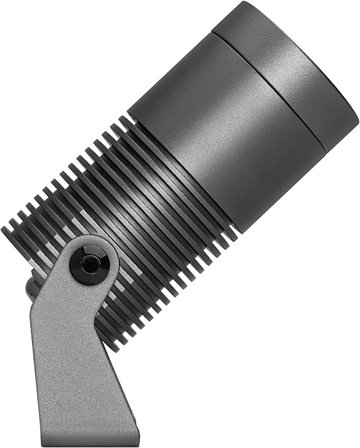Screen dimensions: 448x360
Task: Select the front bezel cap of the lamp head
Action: [x=288, y=70]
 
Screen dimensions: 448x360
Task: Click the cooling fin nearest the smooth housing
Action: [x=179, y=179]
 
